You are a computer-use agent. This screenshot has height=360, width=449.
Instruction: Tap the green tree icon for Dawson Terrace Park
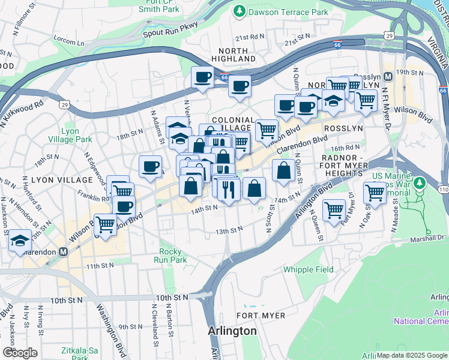click(x=240, y=11)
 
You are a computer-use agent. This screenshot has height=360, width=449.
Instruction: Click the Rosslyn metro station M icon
click(x=388, y=77)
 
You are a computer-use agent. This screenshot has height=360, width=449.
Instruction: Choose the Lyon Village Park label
click(x=76, y=135)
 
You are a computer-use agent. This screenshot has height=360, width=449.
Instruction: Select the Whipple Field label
click(x=309, y=269)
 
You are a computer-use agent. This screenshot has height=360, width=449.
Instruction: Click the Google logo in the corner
click(x=20, y=353)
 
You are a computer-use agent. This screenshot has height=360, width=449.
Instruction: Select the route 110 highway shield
click(x=443, y=189)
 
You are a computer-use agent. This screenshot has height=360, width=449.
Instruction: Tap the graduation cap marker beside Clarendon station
click(x=20, y=241)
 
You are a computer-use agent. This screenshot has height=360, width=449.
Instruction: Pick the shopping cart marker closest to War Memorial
click(x=375, y=193)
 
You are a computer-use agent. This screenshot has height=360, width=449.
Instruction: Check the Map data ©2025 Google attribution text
click(x=412, y=355)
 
